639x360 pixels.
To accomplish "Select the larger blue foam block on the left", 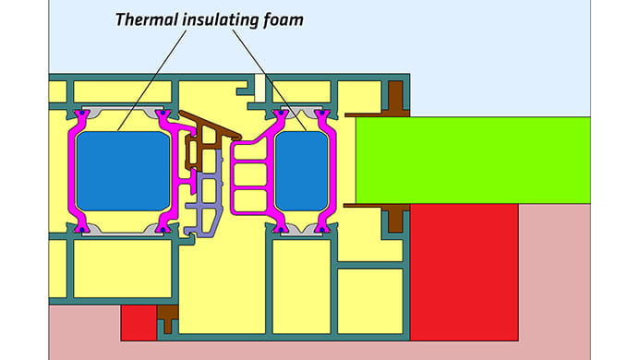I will coord(123,171).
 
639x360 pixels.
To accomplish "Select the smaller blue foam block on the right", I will coord(302,171).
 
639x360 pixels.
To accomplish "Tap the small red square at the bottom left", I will coord(139,322).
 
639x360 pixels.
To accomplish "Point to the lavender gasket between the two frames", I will coord(209,198).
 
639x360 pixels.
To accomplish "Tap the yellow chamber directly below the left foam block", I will coord(123,269).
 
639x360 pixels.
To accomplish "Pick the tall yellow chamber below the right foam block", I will coord(301,286).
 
